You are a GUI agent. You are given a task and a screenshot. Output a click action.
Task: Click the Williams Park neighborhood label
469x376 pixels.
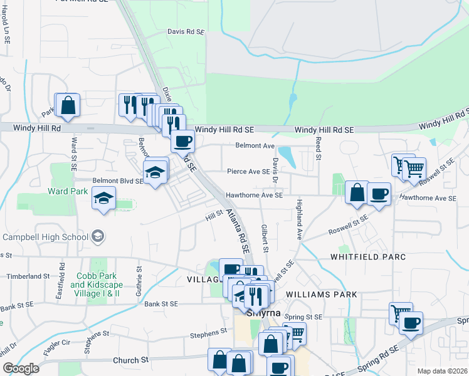point(321,294)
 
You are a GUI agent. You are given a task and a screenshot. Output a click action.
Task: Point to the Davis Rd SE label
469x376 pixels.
point(186,31)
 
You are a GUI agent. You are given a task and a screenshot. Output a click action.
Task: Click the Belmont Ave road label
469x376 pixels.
point(255,146)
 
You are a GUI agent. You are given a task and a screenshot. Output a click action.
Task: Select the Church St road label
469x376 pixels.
point(130,360)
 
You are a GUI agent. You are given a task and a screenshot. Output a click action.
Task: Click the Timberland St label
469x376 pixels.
point(28,276)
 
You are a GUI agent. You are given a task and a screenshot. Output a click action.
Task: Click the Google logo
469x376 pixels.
point(20,368)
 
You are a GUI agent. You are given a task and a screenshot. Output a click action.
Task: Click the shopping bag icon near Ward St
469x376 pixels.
point(68,106)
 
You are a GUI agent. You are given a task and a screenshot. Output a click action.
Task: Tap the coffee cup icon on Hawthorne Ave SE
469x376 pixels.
point(379,194)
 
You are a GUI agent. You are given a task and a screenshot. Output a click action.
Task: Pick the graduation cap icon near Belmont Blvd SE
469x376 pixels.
point(155,171)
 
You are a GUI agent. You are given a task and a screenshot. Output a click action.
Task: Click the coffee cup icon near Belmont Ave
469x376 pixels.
point(183,141)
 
